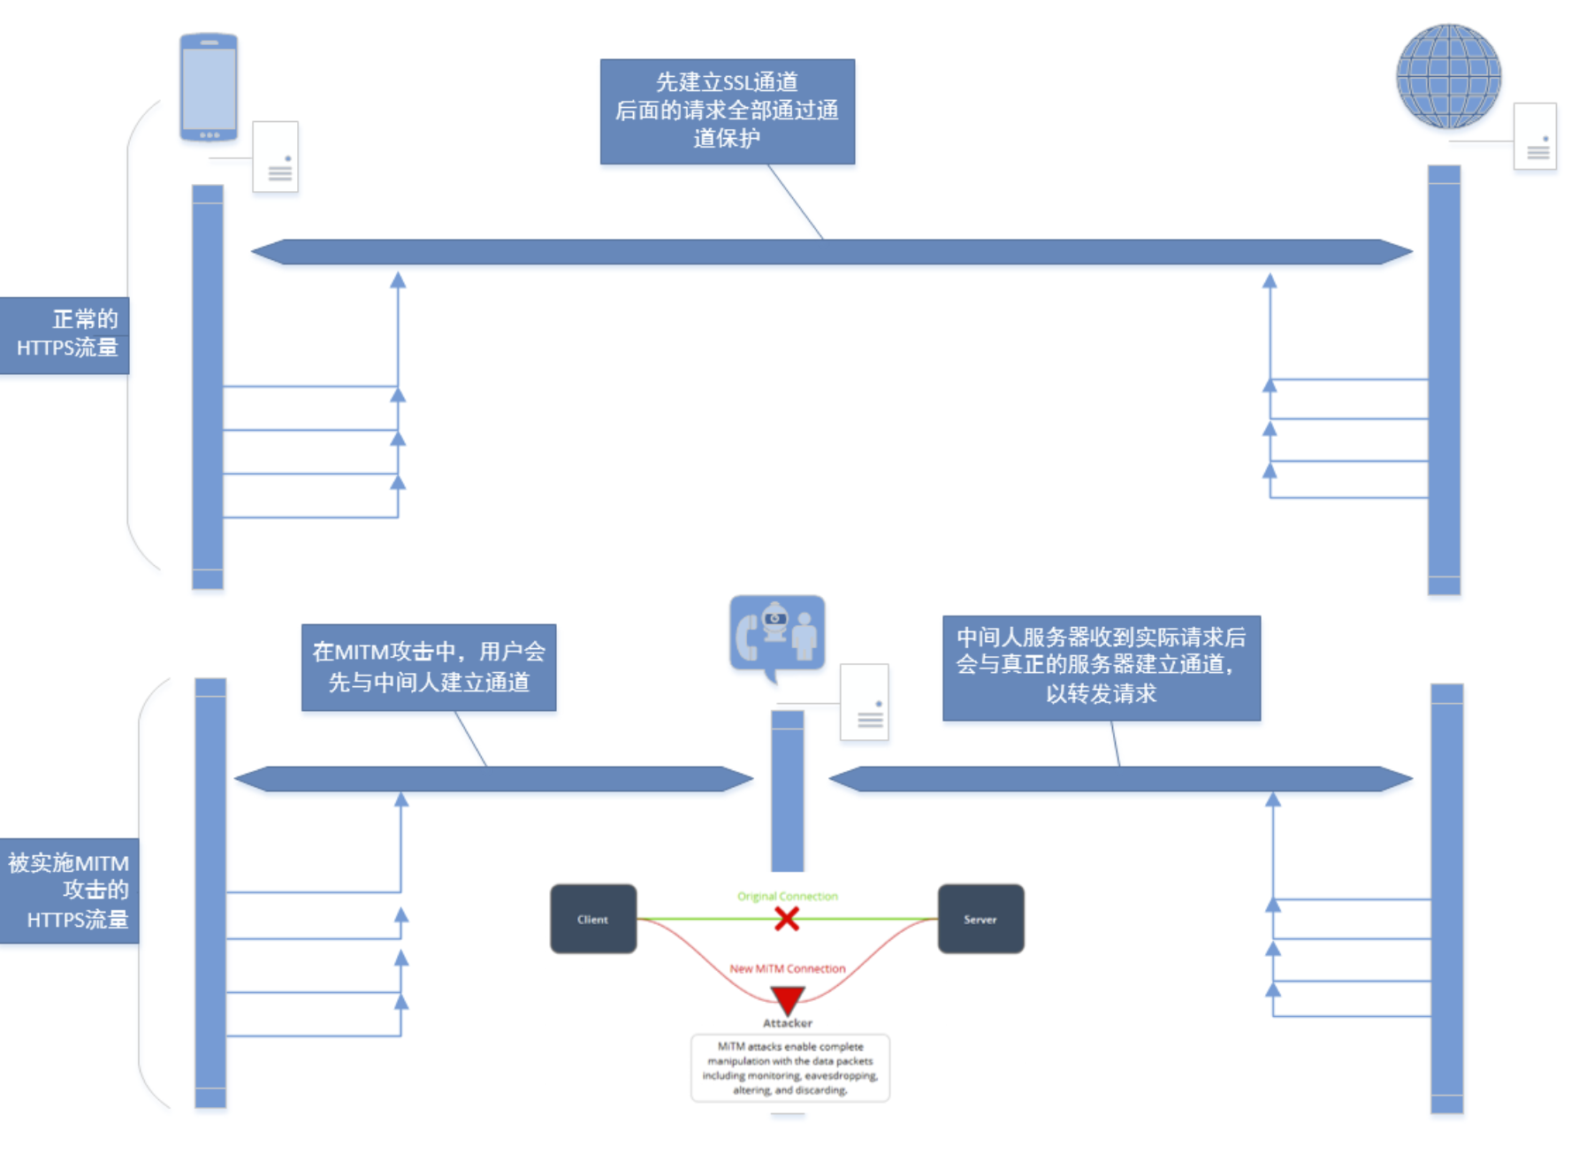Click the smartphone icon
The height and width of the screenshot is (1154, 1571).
point(209,87)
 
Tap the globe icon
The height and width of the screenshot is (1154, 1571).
point(1448,76)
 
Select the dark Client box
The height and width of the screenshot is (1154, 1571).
point(593,919)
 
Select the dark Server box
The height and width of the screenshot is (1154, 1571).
point(980,919)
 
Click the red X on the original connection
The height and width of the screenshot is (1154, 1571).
point(786,919)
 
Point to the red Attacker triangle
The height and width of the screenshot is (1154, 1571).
point(787,999)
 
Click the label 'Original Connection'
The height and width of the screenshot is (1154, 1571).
point(787,896)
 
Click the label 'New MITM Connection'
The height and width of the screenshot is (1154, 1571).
point(787,968)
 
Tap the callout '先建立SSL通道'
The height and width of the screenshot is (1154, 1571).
point(727,111)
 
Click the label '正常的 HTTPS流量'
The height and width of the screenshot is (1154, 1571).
point(65,335)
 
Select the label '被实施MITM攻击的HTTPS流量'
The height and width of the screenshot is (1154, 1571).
point(69,890)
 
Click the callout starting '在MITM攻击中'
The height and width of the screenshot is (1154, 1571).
point(429,667)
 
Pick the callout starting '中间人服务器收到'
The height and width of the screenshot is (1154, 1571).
point(1101,667)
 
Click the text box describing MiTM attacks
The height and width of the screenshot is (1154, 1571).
point(789,1068)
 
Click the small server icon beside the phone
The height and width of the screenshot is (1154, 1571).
point(276,157)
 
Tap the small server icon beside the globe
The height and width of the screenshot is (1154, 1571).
point(1535,136)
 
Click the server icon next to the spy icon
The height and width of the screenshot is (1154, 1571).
point(864,702)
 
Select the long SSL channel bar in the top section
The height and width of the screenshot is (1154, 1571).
point(831,252)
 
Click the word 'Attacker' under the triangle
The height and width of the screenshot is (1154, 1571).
point(787,1023)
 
